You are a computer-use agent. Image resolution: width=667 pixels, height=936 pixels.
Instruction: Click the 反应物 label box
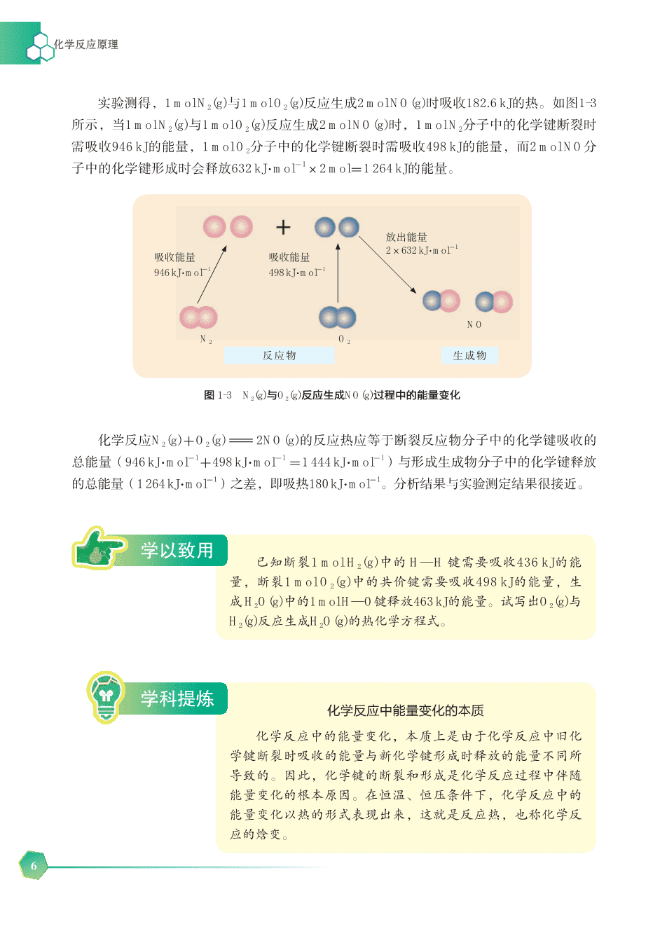pyautogui.click(x=279, y=355)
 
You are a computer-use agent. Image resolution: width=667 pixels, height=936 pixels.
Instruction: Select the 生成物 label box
pyautogui.click(x=469, y=355)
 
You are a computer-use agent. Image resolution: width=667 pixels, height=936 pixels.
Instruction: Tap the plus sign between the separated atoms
pyautogui.click(x=283, y=228)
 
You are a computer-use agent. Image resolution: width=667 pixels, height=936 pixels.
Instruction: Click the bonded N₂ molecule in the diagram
pyautogui.click(x=198, y=317)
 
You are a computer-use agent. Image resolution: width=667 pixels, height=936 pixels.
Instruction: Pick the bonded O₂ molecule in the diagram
pyautogui.click(x=337, y=317)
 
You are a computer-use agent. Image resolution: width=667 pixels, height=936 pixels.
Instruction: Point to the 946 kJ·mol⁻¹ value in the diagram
pyautogui.click(x=182, y=273)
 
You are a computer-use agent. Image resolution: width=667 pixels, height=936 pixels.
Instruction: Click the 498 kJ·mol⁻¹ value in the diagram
pyautogui.click(x=297, y=273)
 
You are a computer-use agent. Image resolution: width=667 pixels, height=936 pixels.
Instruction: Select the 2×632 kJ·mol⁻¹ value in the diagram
pyautogui.click(x=422, y=250)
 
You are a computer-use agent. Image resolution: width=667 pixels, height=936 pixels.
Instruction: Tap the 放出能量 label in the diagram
pyautogui.click(x=406, y=237)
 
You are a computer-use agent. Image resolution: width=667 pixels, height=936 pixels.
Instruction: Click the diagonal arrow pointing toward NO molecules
pyautogui.click(x=387, y=265)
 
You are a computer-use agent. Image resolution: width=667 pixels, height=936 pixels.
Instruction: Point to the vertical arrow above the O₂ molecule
pyautogui.click(x=338, y=273)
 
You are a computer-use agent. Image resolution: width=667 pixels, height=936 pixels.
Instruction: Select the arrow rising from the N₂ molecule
pyautogui.click(x=212, y=274)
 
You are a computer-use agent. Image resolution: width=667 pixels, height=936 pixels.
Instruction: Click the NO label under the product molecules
pyautogui.click(x=474, y=324)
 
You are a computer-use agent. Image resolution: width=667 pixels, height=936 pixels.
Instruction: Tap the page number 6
pyautogui.click(x=34, y=865)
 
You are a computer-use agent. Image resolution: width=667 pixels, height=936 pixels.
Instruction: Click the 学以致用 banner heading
pyautogui.click(x=177, y=550)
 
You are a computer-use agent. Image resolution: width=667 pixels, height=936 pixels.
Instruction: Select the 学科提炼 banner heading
pyautogui.click(x=177, y=698)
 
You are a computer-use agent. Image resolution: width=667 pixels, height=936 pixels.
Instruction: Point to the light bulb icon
pyautogui.click(x=106, y=696)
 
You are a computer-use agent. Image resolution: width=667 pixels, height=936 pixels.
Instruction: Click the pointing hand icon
pyautogui.click(x=98, y=548)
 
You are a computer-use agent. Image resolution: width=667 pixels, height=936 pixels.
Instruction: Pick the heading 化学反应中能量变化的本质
pyautogui.click(x=405, y=710)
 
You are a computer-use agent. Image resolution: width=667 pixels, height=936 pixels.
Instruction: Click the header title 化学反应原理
pyautogui.click(x=85, y=44)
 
